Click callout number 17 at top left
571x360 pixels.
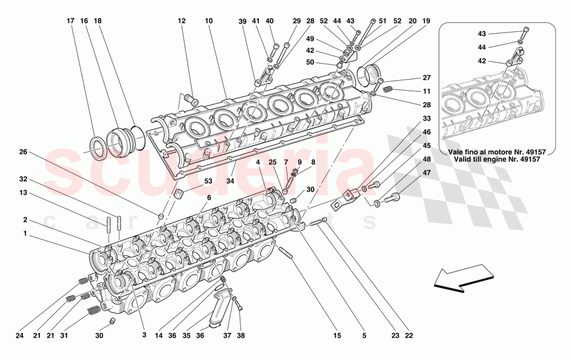coord(71,21)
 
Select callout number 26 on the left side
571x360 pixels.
coord(23,152)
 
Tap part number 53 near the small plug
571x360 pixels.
coord(208,181)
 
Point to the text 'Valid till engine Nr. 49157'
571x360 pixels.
coord(497,160)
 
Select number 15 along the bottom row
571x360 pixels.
coord(337,336)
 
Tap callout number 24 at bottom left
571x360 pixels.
coord(19,336)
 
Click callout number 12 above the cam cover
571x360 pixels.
coord(181,21)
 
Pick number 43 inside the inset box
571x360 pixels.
coord(482,34)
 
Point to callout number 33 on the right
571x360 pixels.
coord(426,118)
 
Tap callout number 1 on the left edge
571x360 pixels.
coord(24,233)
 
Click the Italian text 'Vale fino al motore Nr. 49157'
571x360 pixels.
coord(497,151)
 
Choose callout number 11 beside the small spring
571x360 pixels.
coord(426,91)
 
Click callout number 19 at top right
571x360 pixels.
coord(426,21)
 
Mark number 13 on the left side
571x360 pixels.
coord(23,192)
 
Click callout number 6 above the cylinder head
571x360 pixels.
coord(209,198)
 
